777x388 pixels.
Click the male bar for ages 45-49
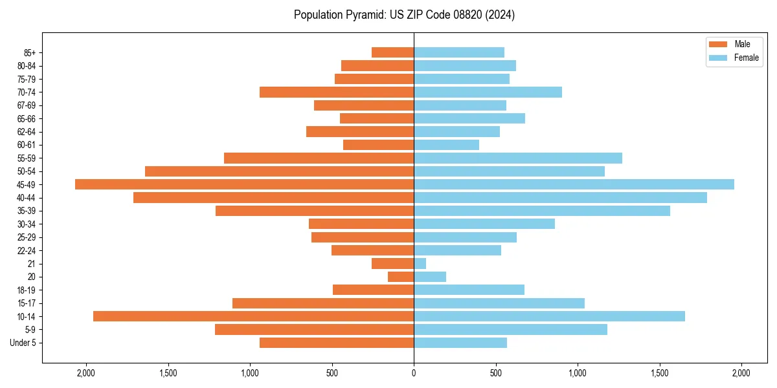point(244,184)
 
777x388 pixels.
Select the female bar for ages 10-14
point(549,316)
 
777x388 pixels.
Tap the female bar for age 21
point(420,263)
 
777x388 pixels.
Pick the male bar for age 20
point(401,277)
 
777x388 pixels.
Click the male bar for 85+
point(392,52)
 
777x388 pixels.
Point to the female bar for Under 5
point(460,343)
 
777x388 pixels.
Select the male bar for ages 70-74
point(337,92)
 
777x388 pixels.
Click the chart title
point(404,15)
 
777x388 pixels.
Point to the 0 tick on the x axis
point(414,372)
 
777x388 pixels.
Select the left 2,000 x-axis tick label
point(86,372)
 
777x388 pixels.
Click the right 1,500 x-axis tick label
point(660,372)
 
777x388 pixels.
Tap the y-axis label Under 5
point(23,343)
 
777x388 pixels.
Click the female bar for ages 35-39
point(542,211)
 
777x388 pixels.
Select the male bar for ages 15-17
point(323,303)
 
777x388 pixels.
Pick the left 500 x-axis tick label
point(332,372)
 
